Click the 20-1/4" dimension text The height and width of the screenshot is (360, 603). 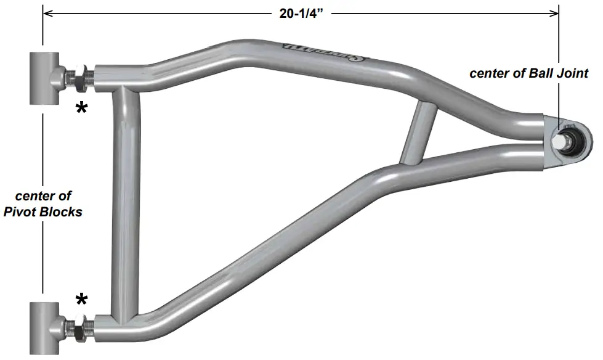click(x=301, y=12)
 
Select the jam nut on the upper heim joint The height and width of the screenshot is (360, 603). click(x=79, y=78)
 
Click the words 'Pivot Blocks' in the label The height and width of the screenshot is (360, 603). click(x=49, y=211)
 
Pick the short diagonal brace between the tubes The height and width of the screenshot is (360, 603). click(x=418, y=133)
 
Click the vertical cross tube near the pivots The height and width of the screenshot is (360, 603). click(x=126, y=203)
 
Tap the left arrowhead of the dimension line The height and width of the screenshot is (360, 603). click(x=47, y=12)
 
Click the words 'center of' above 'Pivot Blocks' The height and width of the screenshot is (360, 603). click(x=43, y=196)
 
